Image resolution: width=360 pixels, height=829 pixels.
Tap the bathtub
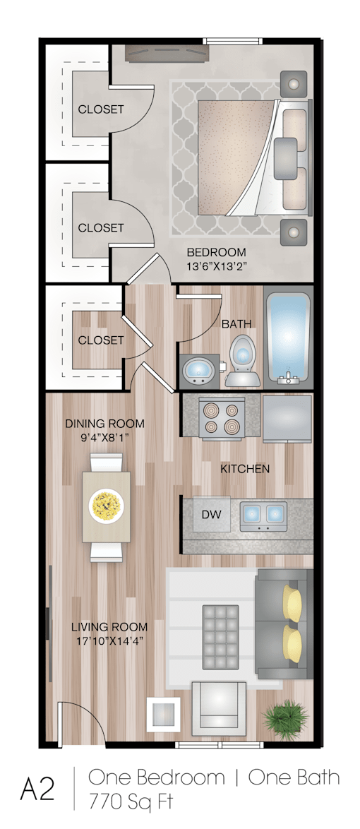point(287,339)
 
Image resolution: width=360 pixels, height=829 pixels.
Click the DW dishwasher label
point(212,514)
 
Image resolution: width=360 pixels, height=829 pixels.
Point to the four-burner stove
point(221,417)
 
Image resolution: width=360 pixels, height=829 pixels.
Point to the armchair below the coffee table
point(219,706)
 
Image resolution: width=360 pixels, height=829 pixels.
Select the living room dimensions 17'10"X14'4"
point(109,642)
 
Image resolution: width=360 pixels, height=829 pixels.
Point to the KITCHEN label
point(245,468)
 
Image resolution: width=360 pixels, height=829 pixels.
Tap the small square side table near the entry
point(162,714)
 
